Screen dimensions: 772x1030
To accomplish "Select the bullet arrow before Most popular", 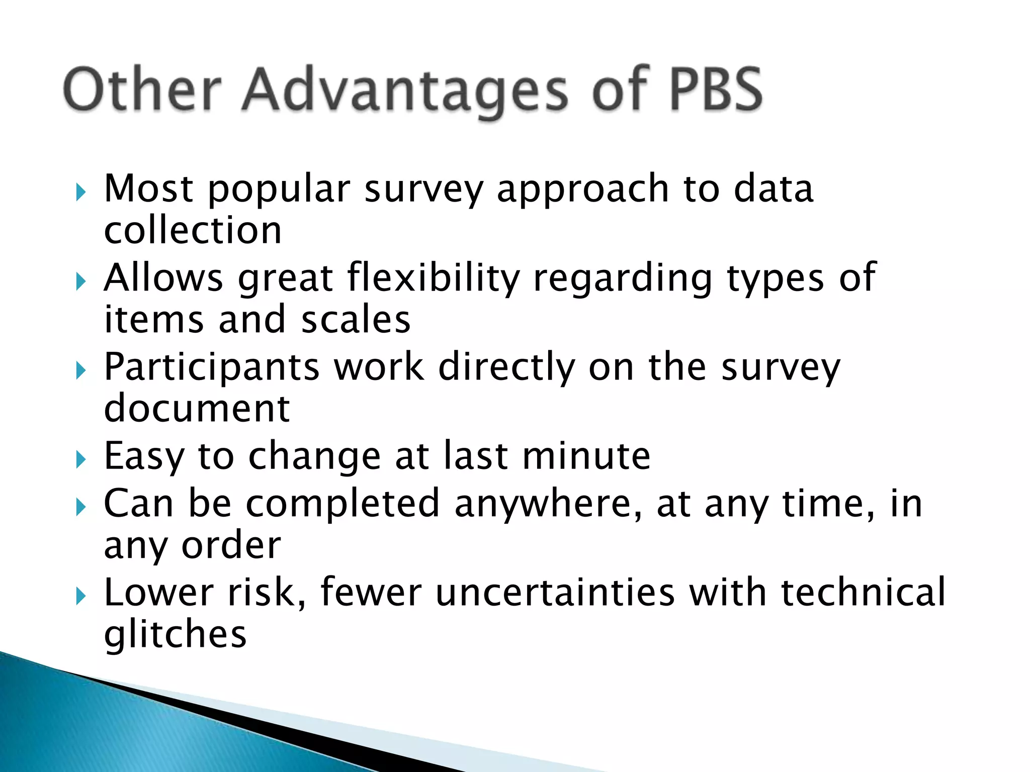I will pos(81,192).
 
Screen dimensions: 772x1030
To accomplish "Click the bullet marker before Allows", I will pos(81,281).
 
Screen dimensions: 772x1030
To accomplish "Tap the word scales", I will pos(356,320).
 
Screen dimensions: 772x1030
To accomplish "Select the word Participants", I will pos(212,368).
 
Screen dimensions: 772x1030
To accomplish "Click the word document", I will pos(197,408).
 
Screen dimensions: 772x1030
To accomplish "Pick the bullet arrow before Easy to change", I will pos(81,459).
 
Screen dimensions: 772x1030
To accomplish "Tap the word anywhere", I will pos(548,504).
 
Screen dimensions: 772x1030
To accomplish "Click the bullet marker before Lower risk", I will pos(81,597).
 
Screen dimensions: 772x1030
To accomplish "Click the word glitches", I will pos(175,634).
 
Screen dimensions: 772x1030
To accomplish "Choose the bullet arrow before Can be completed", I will pos(81,507).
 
